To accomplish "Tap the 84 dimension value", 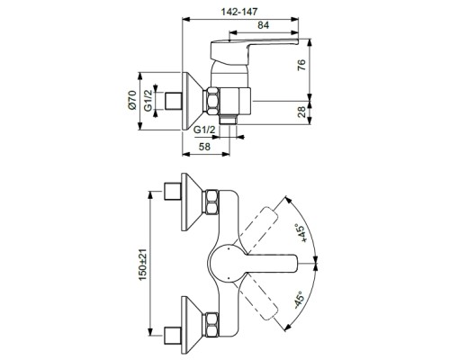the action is coord(263,25).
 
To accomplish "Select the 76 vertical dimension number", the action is coord(301,65).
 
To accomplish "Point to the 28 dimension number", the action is coord(301,112).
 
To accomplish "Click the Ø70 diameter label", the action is coord(132,100).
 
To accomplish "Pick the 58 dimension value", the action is coord(205,147).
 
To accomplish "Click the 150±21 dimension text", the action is coord(143,265).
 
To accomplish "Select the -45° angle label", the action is coord(300,299).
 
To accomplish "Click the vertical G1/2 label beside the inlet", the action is coord(148,101).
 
